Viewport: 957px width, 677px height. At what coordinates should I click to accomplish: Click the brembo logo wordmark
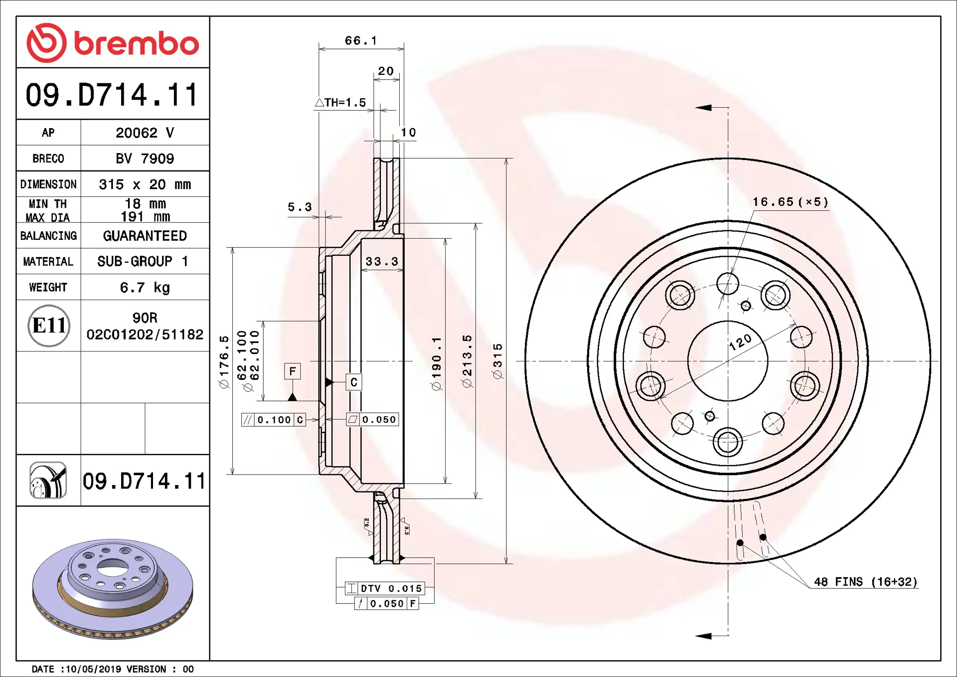coord(137,44)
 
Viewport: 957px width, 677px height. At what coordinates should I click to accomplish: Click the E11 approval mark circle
coord(49,326)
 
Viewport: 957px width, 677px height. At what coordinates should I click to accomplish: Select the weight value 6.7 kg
coord(145,288)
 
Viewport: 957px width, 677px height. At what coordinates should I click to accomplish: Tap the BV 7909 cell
coord(145,159)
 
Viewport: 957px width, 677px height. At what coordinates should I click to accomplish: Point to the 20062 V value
coord(145,133)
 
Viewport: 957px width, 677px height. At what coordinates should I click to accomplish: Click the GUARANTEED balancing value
coord(145,236)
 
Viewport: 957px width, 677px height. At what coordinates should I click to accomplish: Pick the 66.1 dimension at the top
coord(361,40)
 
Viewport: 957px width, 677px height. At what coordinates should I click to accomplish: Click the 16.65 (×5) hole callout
coord(791,202)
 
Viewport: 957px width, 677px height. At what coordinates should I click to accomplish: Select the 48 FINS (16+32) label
coord(866,582)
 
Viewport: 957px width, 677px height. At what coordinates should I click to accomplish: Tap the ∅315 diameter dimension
coord(497,361)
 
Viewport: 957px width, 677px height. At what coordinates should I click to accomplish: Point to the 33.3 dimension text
coord(382,261)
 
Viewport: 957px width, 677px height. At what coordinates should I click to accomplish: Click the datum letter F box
coord(293,371)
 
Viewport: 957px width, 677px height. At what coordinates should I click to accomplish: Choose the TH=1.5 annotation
coord(341,103)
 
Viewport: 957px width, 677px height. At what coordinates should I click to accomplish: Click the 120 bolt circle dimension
coord(740,342)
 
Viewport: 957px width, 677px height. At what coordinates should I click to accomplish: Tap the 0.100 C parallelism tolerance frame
coord(274,420)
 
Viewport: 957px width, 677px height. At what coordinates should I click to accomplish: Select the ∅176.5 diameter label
coord(224,361)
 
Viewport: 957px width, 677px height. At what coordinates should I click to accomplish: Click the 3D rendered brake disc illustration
coord(113,588)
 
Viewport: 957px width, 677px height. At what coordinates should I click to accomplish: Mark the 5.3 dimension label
coord(300,207)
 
